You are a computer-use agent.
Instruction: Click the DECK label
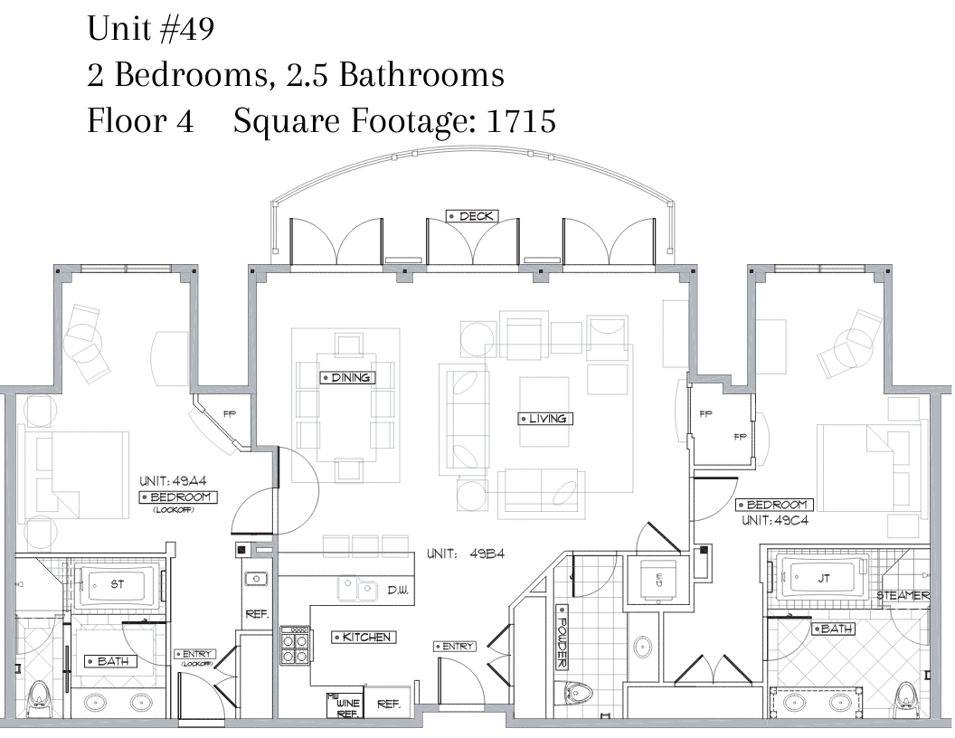(x=473, y=216)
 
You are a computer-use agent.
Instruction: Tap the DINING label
(x=348, y=377)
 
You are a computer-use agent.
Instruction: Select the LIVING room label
(x=545, y=419)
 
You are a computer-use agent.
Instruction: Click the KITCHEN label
(x=364, y=637)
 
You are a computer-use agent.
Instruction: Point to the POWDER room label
(x=563, y=637)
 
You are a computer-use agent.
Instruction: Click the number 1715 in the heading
(x=521, y=120)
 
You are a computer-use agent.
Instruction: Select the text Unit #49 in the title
(x=150, y=29)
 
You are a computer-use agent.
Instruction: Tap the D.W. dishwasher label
(x=398, y=590)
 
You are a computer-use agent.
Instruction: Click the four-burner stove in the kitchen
(x=295, y=646)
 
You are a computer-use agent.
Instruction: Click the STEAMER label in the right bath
(x=903, y=595)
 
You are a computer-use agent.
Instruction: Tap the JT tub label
(x=824, y=579)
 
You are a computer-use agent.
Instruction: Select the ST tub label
(x=117, y=584)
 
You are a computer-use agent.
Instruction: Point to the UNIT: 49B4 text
(x=466, y=554)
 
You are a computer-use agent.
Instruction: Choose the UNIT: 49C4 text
(x=775, y=521)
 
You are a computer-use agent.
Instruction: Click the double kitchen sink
(x=357, y=588)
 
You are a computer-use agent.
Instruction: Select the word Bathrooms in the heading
(x=421, y=75)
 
